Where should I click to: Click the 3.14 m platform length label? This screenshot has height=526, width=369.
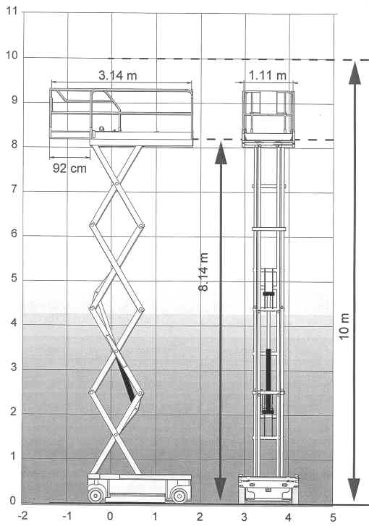coord(118,75)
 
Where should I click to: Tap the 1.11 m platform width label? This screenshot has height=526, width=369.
coord(268,75)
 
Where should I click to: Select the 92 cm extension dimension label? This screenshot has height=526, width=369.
coord(69,168)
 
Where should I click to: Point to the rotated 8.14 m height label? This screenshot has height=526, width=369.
coord(203,272)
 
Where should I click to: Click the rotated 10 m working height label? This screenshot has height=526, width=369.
coord(344,327)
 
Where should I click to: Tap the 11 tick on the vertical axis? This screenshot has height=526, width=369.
coord(12,11)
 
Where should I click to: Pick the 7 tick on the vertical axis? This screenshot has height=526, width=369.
coord(14,189)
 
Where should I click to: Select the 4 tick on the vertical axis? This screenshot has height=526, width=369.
coord(14,323)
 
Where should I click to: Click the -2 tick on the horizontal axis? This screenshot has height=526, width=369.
coord(23,516)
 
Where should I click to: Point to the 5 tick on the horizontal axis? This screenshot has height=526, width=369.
coord(333,517)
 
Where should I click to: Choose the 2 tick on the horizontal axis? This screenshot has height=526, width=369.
coord(200,517)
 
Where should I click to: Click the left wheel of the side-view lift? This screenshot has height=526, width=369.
coord(96,495)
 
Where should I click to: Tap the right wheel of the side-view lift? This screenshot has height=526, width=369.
coord(179,495)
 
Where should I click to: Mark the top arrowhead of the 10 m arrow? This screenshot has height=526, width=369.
coord(355,72)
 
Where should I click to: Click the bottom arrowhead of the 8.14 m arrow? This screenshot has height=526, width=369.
coord(220,488)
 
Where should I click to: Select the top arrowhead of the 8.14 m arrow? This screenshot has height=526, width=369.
coord(221,153)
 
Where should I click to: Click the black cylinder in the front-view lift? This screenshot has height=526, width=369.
coord(268,381)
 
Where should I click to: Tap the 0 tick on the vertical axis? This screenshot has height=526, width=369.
coord(13,501)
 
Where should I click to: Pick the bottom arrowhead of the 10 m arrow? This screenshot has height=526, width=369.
coord(355,490)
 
